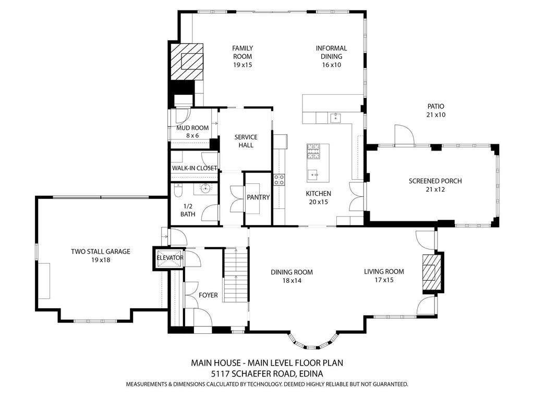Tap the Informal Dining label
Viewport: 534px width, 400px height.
click(x=331, y=52)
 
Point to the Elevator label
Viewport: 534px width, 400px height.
click(x=170, y=258)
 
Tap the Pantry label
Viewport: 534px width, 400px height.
click(x=258, y=197)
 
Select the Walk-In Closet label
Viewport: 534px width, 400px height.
click(x=195, y=168)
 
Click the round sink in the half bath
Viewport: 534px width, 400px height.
click(x=205, y=189)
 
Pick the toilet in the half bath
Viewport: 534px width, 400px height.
click(x=177, y=193)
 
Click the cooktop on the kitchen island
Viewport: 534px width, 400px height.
click(x=313, y=151)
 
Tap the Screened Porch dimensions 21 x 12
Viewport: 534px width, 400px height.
click(x=435, y=190)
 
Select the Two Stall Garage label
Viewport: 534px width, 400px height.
click(x=101, y=252)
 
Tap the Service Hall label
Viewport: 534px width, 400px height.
click(x=246, y=141)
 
